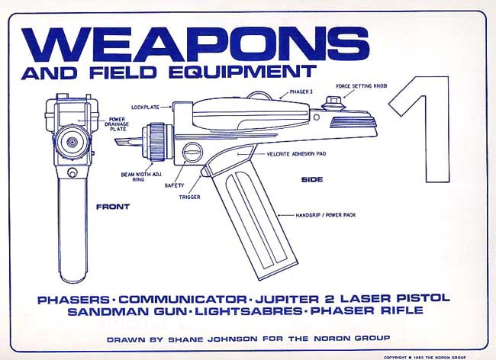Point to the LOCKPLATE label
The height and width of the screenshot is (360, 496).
[x=144, y=107]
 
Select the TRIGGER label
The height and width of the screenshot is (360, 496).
[x=190, y=196]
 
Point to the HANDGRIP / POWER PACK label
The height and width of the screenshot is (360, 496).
[x=327, y=216]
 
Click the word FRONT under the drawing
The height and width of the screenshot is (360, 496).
[x=113, y=207]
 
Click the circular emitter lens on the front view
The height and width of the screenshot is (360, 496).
[x=72, y=143]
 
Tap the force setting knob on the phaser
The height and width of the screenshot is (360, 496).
[x=333, y=101]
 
